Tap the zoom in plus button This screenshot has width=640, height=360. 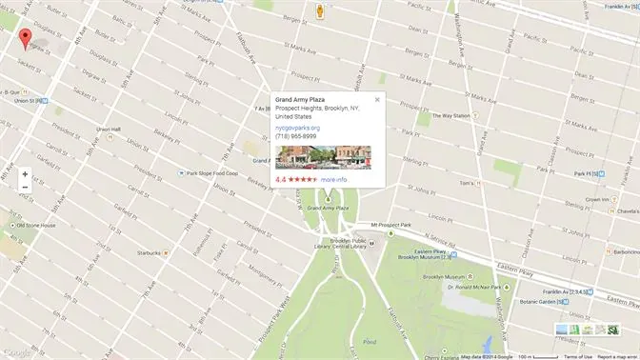25,174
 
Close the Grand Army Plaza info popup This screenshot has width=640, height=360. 377,99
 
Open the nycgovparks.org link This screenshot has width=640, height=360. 297,127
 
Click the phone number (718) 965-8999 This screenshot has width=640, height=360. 295,136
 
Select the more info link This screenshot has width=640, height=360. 334,179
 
